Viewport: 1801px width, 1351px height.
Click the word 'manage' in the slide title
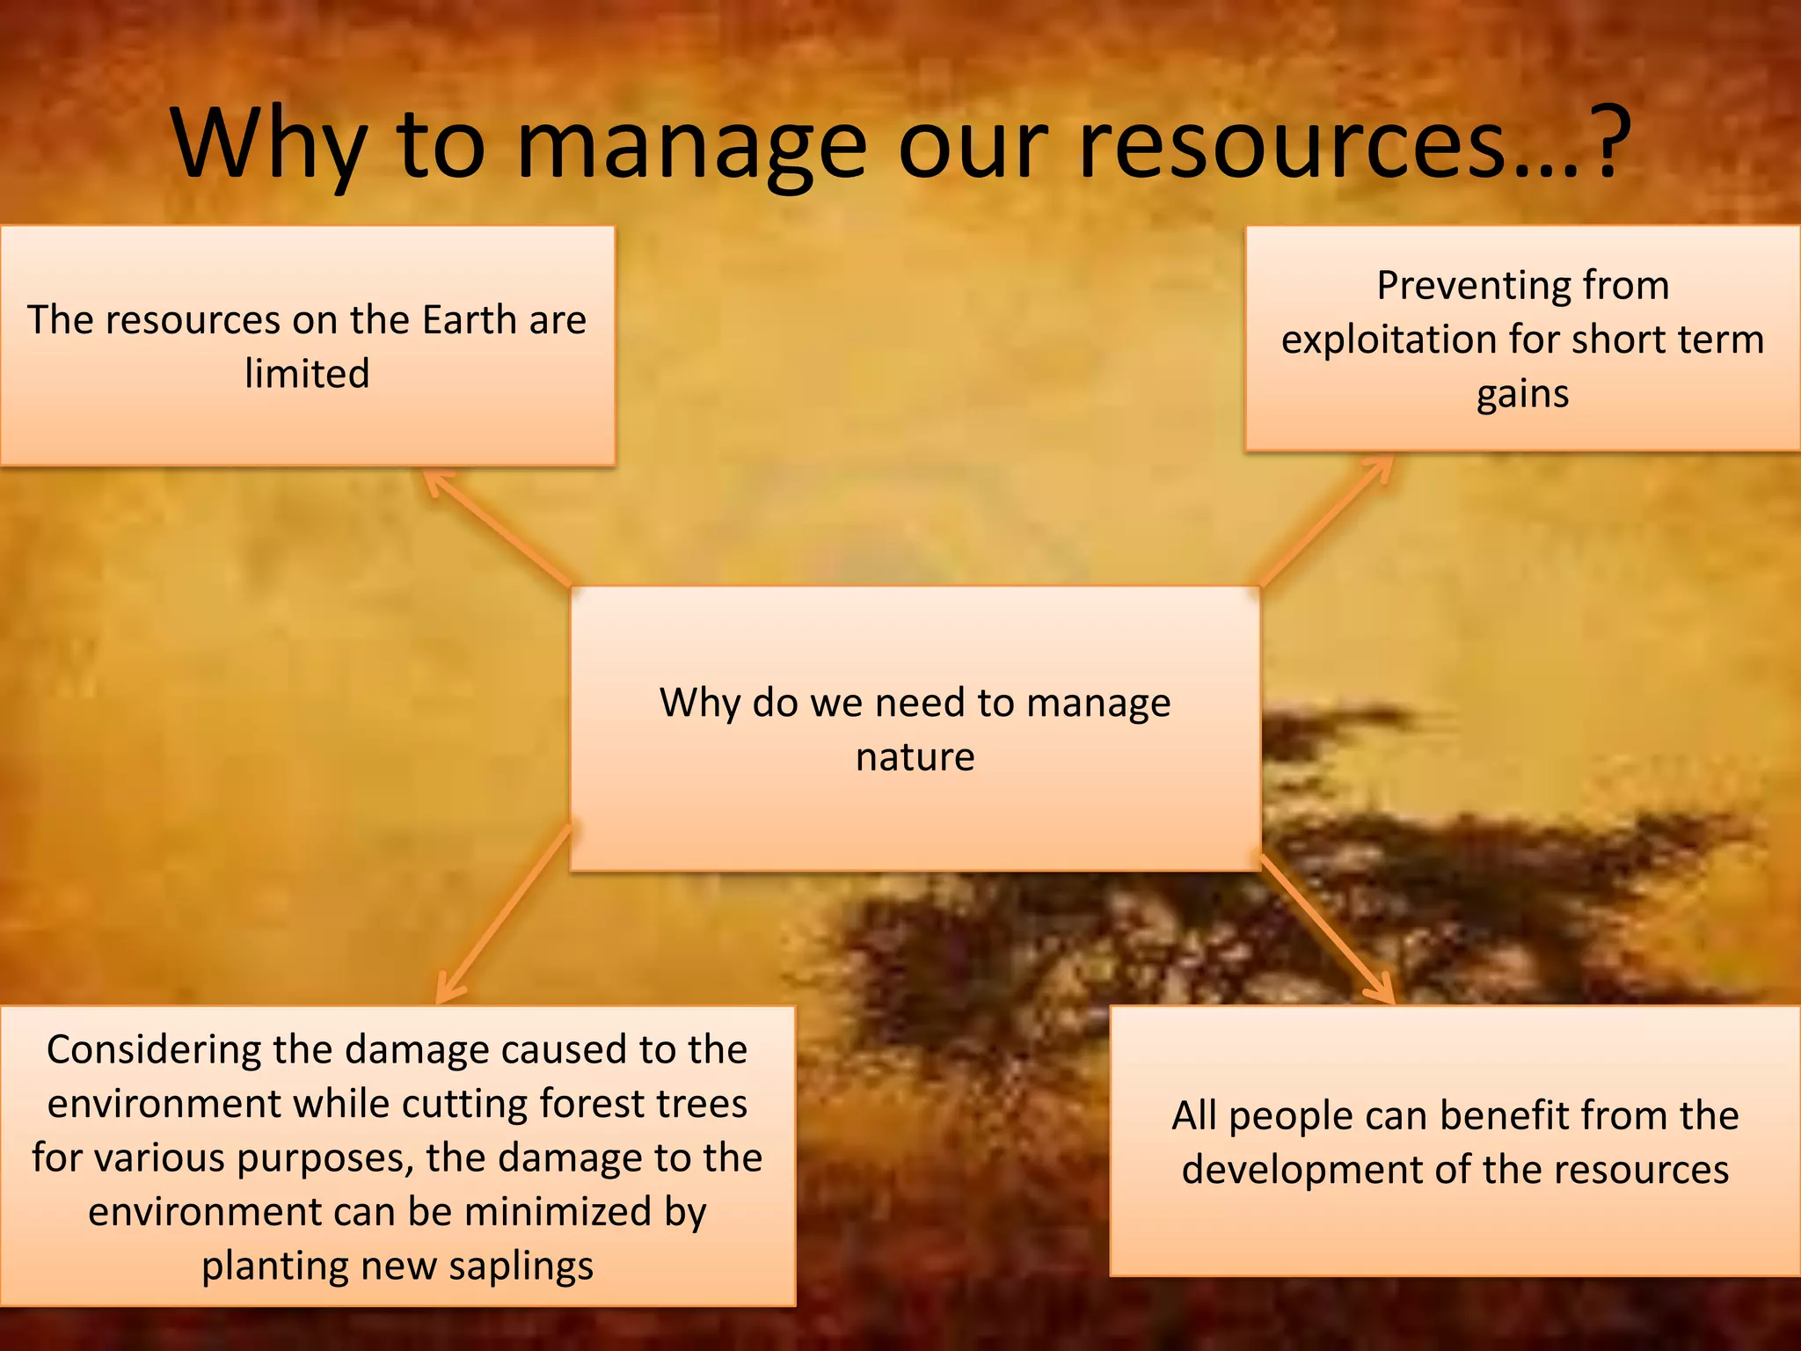click(691, 145)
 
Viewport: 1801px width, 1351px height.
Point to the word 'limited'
click(307, 374)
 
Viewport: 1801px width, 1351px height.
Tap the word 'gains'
click(1522, 393)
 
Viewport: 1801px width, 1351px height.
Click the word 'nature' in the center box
click(915, 756)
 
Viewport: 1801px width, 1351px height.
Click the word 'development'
click(1302, 1170)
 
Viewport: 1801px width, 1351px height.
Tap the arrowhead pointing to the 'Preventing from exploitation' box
click(1382, 465)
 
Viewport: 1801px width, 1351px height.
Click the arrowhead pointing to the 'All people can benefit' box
click(1384, 994)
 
